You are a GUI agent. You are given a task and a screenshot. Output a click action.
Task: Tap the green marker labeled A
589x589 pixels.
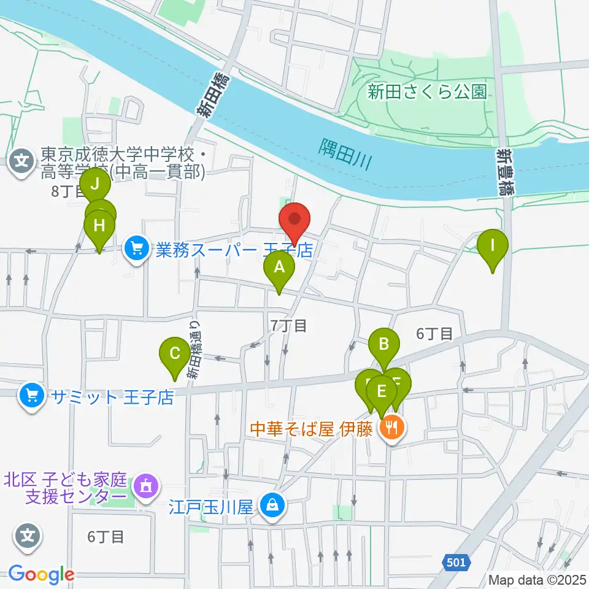279,268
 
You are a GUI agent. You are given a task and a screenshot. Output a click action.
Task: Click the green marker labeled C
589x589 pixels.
174,354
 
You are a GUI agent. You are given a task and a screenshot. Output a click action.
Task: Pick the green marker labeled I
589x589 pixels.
492,245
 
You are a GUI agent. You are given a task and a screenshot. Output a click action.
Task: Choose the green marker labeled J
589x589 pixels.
95,183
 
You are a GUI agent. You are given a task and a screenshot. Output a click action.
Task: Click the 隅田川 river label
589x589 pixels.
346,153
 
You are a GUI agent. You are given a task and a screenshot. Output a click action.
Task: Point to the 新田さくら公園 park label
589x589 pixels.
427,92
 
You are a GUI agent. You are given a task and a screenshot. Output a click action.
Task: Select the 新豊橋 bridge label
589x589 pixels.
505,171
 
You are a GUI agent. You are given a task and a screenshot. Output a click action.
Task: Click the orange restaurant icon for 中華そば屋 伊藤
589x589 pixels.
391,428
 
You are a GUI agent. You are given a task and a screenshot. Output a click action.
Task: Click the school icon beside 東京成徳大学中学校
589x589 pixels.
22,162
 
